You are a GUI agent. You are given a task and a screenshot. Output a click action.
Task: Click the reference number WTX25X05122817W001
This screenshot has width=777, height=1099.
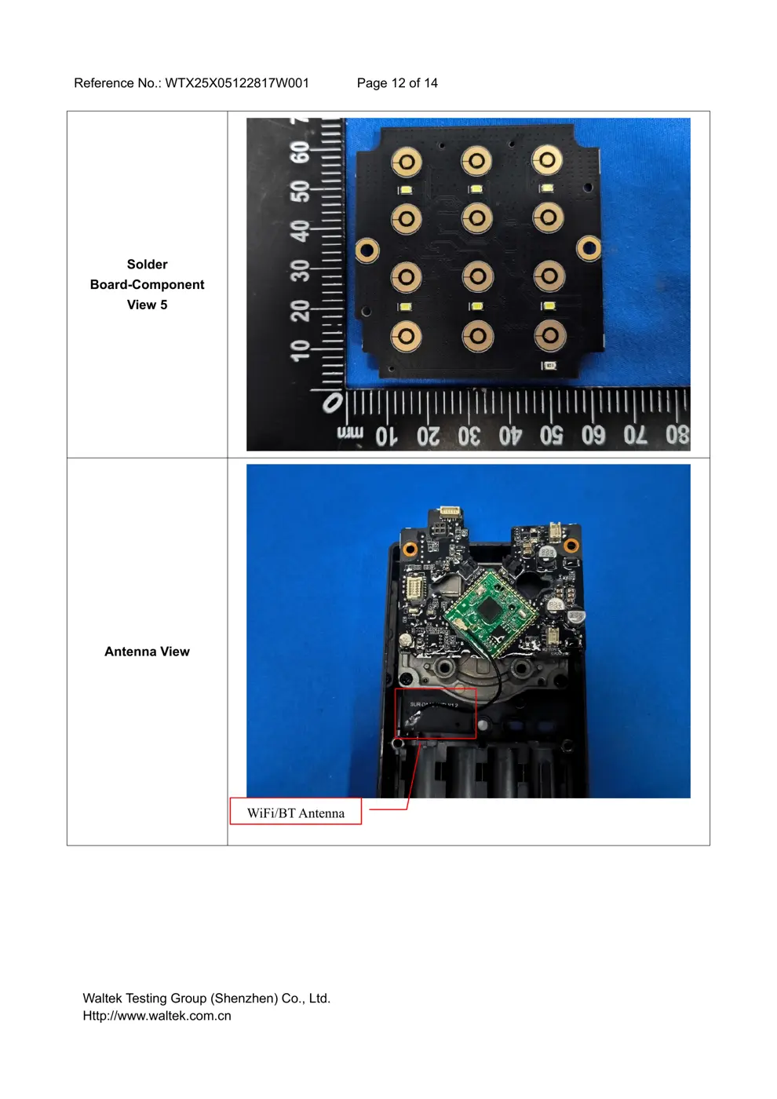point(236,83)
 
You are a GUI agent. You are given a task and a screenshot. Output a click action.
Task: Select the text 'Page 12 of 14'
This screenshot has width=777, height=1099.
point(397,83)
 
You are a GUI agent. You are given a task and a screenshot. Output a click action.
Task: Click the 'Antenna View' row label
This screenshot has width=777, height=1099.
point(147,652)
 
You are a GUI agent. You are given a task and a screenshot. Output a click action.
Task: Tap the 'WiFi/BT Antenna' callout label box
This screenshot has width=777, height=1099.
point(296,812)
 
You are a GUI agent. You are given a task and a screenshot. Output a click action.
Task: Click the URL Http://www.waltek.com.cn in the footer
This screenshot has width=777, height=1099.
point(157,1016)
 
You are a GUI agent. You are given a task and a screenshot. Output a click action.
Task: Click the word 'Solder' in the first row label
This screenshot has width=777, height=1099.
point(147,265)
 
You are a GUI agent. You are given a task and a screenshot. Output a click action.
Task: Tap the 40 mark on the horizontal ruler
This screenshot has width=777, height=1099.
point(510,434)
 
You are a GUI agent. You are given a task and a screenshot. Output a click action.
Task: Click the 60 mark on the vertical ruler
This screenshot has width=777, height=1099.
point(300,152)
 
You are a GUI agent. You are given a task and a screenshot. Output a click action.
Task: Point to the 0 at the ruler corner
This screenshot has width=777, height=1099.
point(333,403)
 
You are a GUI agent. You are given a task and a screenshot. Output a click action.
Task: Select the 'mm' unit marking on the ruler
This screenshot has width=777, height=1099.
point(350,433)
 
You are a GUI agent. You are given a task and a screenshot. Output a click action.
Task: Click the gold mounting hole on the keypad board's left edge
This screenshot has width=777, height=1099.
point(366,251)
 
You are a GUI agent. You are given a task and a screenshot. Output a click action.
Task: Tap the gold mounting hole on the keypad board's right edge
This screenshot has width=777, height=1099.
point(588,249)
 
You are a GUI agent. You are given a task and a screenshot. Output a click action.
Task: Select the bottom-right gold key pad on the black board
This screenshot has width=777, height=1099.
point(549,335)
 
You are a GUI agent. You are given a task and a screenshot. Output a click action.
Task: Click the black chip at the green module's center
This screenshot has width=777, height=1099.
point(491,608)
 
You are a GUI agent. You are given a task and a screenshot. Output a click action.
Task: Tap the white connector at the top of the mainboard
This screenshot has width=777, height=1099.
point(451,512)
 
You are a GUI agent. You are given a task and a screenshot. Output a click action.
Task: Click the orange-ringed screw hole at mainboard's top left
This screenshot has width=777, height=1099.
point(409,548)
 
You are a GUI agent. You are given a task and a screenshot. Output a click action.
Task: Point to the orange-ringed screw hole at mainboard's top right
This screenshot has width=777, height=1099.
point(571,545)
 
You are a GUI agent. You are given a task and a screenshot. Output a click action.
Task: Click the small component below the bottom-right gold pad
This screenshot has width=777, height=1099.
point(549,366)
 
